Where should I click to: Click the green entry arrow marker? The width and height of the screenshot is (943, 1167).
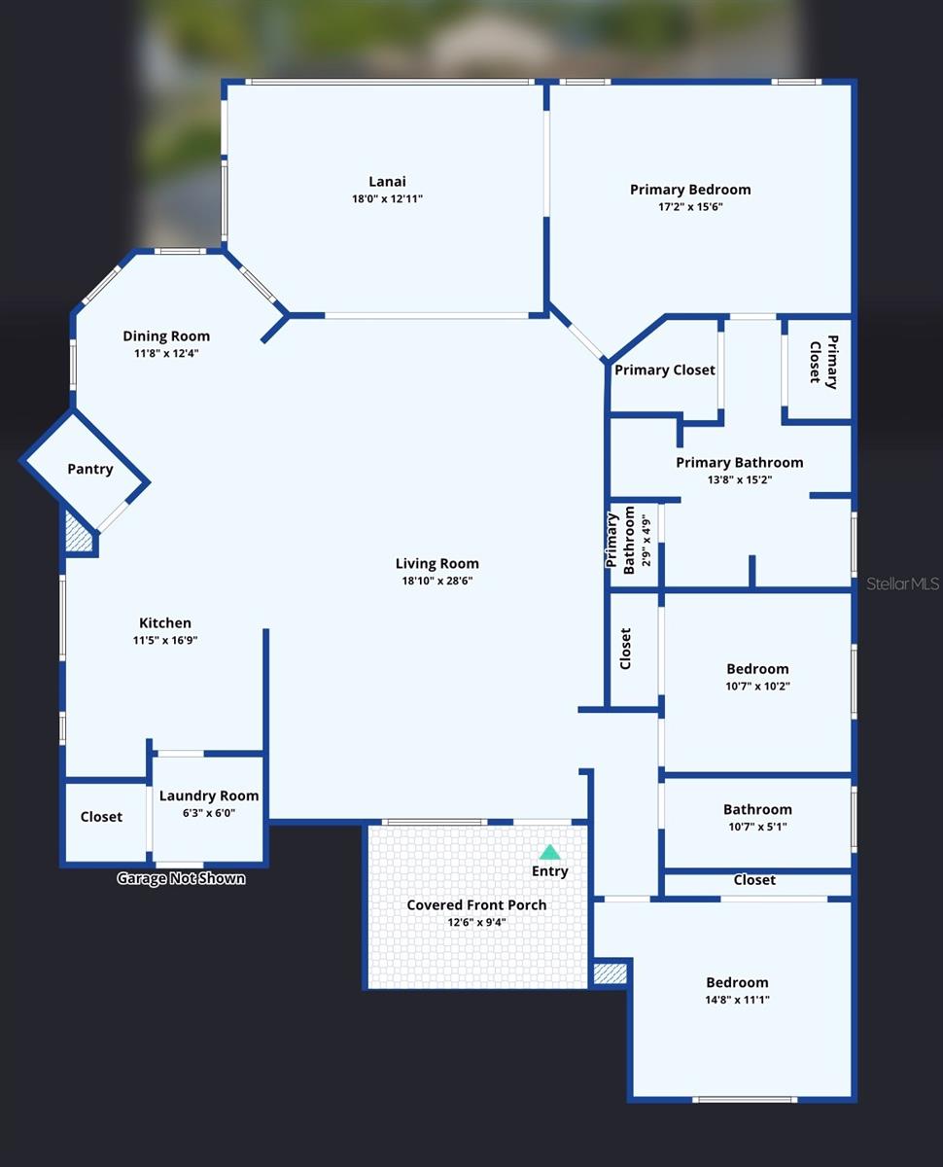(550, 852)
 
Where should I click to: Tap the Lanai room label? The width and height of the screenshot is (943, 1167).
(387, 181)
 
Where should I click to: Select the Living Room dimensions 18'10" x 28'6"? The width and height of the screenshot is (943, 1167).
(437, 581)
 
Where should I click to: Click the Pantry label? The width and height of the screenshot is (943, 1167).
(90, 470)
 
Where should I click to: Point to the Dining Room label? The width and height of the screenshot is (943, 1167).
(166, 336)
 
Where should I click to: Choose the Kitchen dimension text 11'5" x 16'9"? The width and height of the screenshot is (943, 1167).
(165, 640)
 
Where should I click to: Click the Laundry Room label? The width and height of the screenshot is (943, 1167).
(209, 796)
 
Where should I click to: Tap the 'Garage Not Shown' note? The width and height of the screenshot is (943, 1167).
(181, 878)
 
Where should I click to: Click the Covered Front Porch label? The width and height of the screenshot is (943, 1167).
(476, 905)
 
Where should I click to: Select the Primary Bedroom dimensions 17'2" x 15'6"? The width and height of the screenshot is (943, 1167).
(690, 206)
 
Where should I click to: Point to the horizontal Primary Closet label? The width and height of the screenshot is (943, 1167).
(665, 371)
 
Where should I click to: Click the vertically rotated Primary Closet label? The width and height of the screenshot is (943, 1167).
(823, 363)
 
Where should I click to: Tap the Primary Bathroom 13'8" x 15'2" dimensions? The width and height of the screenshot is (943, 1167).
(740, 479)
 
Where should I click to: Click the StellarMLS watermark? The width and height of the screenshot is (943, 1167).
(902, 584)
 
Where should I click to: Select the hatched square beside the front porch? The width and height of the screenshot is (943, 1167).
(611, 974)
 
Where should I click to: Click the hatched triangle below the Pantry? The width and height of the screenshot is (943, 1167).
(78, 533)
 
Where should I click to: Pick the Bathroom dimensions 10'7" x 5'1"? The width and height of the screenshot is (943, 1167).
(757, 827)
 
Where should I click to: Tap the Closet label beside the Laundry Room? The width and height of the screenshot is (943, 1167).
(101, 817)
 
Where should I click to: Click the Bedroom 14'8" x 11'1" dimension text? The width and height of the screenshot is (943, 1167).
(737, 1000)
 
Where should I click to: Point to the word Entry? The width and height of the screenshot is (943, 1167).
(550, 871)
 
